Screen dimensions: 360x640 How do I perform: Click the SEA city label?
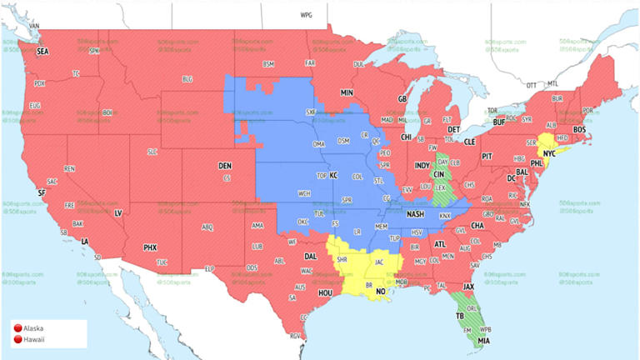click(42, 52)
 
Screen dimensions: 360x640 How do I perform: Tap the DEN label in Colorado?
click(225, 166)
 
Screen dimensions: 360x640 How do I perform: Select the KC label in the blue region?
click(333, 176)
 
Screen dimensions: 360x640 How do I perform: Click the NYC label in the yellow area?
click(549, 155)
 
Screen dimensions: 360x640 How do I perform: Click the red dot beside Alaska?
click(18, 327)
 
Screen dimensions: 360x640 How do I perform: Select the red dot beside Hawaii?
click(18, 338)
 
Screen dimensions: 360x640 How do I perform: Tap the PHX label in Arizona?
click(150, 247)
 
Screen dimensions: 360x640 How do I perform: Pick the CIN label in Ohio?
click(437, 174)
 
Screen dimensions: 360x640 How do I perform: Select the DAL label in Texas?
click(311, 257)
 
